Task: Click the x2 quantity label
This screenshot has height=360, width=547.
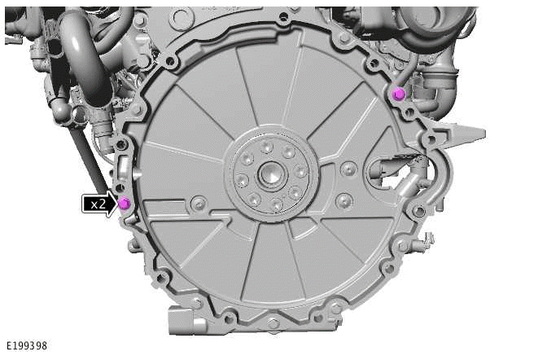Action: [98, 204]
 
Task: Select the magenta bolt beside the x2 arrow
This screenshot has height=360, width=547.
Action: [124, 203]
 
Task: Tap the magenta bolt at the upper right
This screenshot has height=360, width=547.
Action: [398, 94]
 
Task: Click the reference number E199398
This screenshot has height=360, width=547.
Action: [26, 346]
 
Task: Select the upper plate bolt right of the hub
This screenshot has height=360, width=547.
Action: [348, 169]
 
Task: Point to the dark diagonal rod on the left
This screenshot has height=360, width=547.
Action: [90, 163]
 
